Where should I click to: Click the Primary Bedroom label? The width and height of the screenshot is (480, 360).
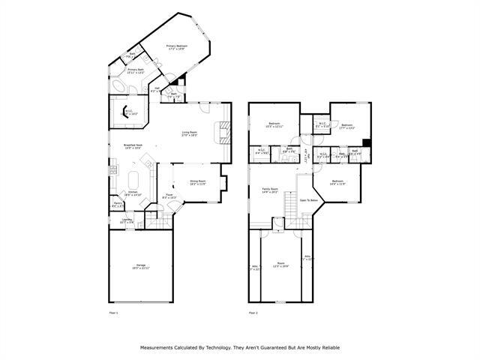176,47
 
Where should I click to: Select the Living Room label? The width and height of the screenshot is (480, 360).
188,134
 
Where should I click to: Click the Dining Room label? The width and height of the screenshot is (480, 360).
198,182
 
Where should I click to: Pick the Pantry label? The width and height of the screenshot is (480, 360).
118,204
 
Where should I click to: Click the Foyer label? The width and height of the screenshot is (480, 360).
169,196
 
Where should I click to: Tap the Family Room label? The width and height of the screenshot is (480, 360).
270,190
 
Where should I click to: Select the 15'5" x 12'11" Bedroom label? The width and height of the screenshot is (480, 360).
274,125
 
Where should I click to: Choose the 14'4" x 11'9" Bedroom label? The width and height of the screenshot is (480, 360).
337,181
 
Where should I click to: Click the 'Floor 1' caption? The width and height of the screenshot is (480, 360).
113,312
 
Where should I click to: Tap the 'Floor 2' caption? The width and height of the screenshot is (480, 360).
253,312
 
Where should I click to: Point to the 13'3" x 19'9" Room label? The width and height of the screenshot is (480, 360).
281,265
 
